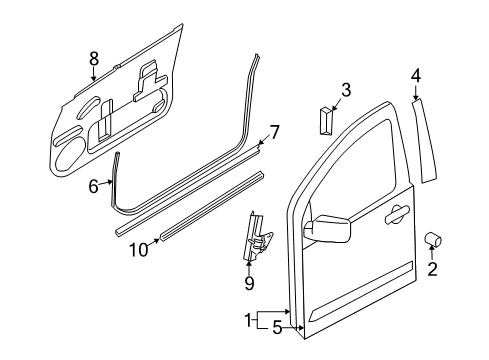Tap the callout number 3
click(x=345, y=90)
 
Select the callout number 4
click(x=416, y=73)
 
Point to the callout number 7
click(x=274, y=131)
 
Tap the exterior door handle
click(x=396, y=212)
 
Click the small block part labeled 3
click(x=325, y=122)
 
